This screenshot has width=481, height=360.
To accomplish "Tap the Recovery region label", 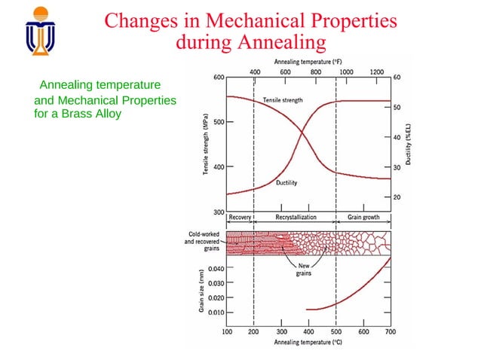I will (240, 217).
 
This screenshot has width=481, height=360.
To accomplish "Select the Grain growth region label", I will (363, 217).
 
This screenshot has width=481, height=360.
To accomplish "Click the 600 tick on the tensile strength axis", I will (218, 78).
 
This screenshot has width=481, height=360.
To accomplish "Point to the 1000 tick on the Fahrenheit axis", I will (346, 71).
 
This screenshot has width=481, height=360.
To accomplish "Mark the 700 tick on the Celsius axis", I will (391, 331).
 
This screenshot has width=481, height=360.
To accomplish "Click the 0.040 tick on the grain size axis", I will (215, 268).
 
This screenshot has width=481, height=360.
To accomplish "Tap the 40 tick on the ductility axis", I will (397, 137).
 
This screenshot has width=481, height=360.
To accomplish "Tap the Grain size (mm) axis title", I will (201, 290).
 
